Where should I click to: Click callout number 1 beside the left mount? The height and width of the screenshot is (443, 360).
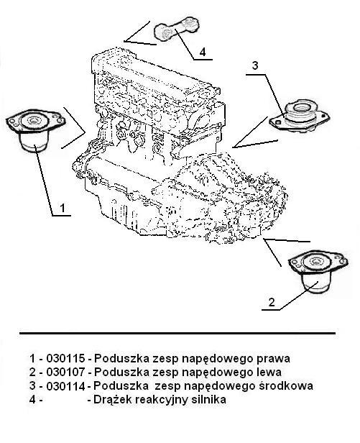click(x=63, y=208)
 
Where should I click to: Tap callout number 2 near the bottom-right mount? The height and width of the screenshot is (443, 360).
click(x=272, y=302)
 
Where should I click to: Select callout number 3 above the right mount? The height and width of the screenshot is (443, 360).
click(x=255, y=65)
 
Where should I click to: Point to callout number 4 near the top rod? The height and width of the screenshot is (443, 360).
click(x=203, y=52)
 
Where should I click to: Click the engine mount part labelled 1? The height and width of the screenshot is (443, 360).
click(x=36, y=131)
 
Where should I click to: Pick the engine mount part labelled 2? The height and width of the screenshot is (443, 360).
click(x=318, y=272)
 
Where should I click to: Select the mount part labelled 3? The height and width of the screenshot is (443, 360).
click(x=300, y=117)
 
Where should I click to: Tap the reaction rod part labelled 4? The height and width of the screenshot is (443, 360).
click(x=177, y=29)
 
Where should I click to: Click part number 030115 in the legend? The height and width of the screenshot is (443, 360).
click(x=65, y=359)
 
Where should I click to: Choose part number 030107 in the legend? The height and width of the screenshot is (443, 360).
click(x=65, y=372)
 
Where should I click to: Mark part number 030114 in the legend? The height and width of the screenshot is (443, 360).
click(x=65, y=386)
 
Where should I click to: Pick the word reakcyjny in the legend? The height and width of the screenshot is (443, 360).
click(x=162, y=401)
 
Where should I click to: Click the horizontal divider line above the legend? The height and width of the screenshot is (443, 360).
click(x=177, y=334)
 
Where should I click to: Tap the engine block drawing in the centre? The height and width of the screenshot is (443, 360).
click(x=180, y=147)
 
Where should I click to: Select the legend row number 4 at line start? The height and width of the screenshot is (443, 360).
click(x=32, y=400)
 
